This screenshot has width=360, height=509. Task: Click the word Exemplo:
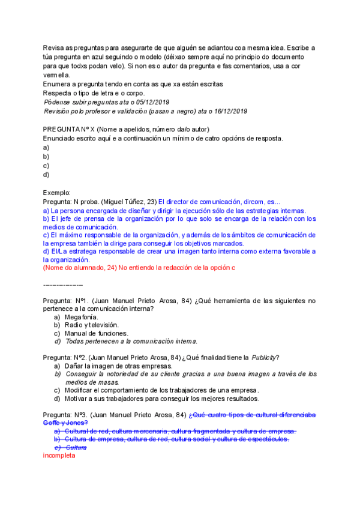(57, 193)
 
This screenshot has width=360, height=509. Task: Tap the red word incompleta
(59, 456)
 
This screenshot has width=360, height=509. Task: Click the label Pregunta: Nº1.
(66, 300)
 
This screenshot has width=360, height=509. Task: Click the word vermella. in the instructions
(56, 75)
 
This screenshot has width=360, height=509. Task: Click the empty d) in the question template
(46, 175)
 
